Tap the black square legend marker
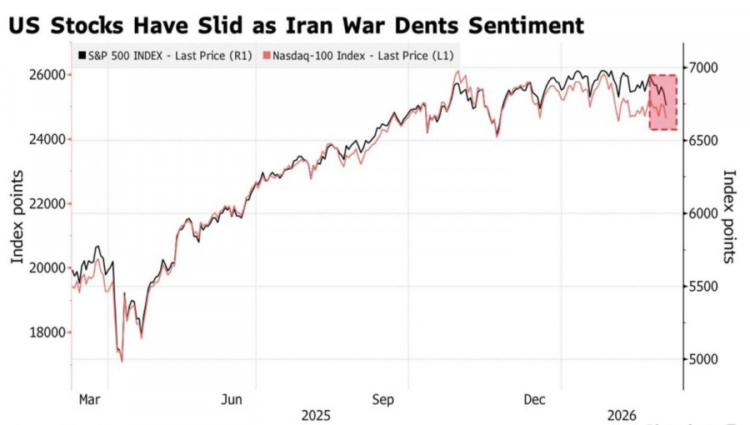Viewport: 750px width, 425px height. (82, 55)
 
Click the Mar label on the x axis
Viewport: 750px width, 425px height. (89, 399)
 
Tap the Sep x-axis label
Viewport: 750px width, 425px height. (383, 399)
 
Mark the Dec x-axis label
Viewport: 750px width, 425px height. (534, 399)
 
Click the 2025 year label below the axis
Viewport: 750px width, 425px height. (316, 415)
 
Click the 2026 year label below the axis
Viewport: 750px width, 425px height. (622, 415)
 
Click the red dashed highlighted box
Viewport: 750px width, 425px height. (662, 102)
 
